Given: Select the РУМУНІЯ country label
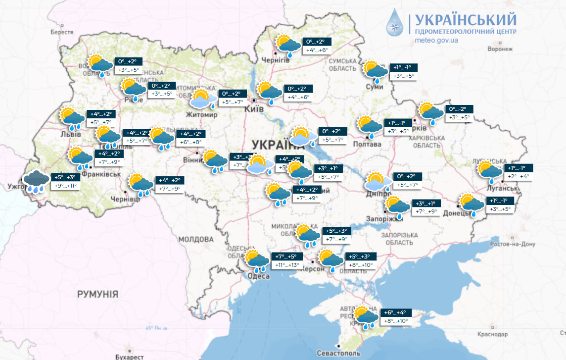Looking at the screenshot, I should (x=97, y=294).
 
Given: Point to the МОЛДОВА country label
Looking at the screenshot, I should (x=195, y=239).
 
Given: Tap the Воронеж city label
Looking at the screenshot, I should (x=499, y=49).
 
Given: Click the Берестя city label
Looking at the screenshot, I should (x=61, y=32).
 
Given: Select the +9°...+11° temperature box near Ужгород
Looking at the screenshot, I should (x=65, y=186).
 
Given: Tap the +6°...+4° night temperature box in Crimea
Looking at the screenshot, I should (x=395, y=312).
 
